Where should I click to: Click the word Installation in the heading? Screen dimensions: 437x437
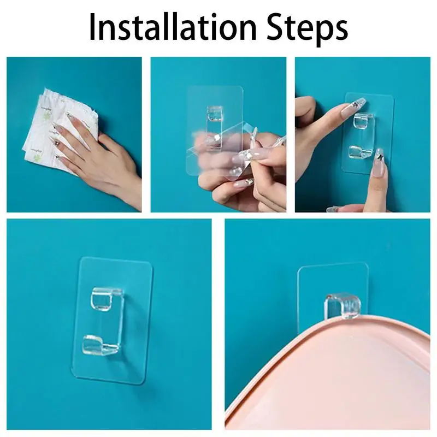pos(173,27)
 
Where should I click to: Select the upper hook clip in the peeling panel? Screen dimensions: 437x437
pos(215,114)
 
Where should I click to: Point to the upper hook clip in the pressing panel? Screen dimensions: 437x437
pos(363,121)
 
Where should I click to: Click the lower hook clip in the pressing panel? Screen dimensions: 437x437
pos(360,151)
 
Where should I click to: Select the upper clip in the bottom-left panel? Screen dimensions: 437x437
pos(107,299)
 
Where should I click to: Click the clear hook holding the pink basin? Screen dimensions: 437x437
pos(342,306)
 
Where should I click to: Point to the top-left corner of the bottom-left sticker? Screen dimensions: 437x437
pos(81,258)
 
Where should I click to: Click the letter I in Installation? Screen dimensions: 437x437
pos(92,27)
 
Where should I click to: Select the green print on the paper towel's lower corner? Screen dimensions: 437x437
pos(37,158)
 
